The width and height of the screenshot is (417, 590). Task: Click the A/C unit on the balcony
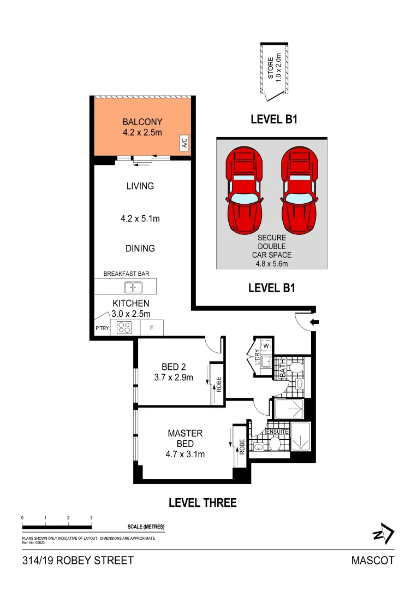(184, 144)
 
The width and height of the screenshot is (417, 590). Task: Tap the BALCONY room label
(142, 122)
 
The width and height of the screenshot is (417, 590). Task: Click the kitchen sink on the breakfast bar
(133, 287)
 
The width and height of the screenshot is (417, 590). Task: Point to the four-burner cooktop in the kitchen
(125, 328)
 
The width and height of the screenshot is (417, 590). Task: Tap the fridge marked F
(151, 328)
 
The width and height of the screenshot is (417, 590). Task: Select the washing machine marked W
(266, 346)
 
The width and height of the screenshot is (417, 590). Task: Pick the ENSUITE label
(277, 432)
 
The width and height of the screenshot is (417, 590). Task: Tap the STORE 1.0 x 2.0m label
(274, 67)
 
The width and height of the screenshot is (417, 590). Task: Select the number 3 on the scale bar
(91, 517)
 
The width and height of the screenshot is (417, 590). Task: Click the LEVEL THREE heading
(202, 503)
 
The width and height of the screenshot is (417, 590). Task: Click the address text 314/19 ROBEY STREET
(78, 560)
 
